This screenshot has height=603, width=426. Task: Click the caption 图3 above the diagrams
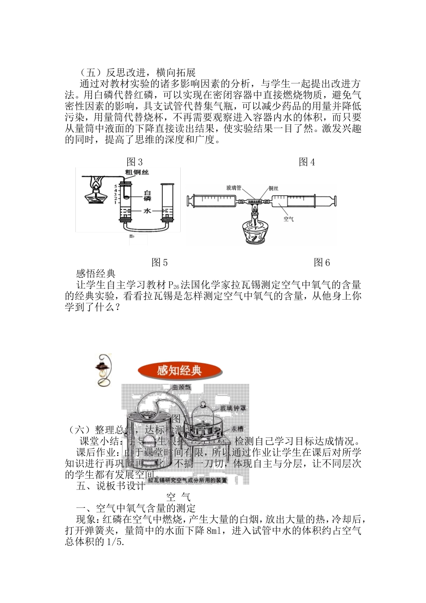(x=135, y=162)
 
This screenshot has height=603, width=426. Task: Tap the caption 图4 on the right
(x=307, y=162)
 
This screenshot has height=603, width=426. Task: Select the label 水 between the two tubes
(x=148, y=211)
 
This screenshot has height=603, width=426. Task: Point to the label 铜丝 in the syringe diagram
(x=273, y=188)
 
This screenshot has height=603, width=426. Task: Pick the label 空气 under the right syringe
(x=288, y=219)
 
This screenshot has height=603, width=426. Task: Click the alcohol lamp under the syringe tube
(x=255, y=229)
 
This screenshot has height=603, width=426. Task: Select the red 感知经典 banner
(x=179, y=371)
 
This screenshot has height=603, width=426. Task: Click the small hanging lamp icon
(x=103, y=370)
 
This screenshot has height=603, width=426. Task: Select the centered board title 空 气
(x=178, y=497)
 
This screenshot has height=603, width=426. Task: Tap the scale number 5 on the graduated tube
(x=115, y=186)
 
